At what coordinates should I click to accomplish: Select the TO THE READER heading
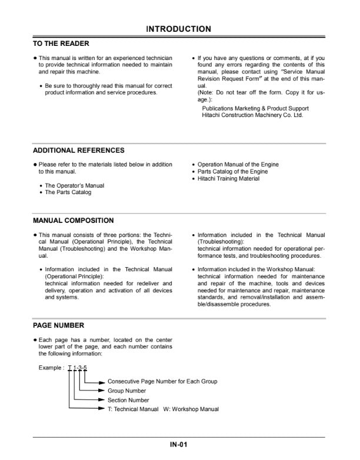(61, 43)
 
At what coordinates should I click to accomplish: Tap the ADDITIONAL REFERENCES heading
(78, 151)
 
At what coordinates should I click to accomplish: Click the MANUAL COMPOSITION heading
(74, 221)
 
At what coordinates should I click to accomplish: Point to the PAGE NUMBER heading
(58, 325)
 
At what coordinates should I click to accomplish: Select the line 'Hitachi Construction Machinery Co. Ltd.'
(252, 115)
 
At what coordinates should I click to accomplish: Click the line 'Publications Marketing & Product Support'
(255, 108)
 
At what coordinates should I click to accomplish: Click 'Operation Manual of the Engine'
(238, 165)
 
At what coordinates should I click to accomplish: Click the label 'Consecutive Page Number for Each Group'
(162, 381)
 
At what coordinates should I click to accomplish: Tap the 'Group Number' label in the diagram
(127, 391)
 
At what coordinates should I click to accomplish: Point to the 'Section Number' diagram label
(129, 400)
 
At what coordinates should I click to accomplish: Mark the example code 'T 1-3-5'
(78, 368)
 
